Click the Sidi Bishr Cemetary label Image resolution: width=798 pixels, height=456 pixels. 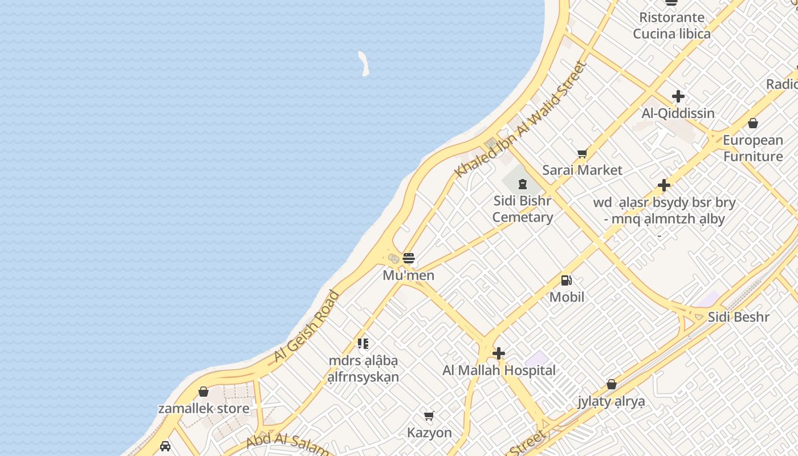pyautogui.click(x=523, y=209)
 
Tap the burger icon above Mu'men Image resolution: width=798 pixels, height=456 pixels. pyautogui.click(x=408, y=258)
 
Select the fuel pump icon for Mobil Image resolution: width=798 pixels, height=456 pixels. pyautogui.click(x=566, y=280)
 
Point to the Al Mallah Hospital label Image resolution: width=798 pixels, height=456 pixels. pyautogui.click(x=499, y=370)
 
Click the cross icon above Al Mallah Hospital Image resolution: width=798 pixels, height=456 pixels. pyautogui.click(x=499, y=353)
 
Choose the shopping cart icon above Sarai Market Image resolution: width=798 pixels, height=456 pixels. pyautogui.click(x=582, y=153)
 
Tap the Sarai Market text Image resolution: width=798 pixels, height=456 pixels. pyautogui.click(x=582, y=170)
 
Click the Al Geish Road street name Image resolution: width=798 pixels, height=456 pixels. pyautogui.click(x=306, y=327)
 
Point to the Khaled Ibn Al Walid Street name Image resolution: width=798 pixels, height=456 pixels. pyautogui.click(x=520, y=119)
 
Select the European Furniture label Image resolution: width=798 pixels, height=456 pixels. pyautogui.click(x=753, y=148)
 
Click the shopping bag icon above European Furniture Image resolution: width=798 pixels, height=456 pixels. pyautogui.click(x=753, y=123)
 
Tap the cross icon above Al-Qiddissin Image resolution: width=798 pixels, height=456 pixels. pyautogui.click(x=678, y=96)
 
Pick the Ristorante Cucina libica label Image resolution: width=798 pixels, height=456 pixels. pyautogui.click(x=671, y=26)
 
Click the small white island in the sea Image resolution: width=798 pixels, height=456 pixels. pyautogui.click(x=364, y=63)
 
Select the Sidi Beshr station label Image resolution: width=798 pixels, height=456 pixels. pyautogui.click(x=738, y=317)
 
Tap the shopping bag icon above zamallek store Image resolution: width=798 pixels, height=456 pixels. pyautogui.click(x=203, y=392)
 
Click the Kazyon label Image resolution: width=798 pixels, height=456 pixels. pyautogui.click(x=429, y=433)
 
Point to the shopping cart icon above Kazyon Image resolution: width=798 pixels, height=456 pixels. pyautogui.click(x=429, y=416)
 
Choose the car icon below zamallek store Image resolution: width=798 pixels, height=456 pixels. pyautogui.click(x=165, y=446)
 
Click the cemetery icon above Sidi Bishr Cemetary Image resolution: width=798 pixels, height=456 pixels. pyautogui.click(x=522, y=184)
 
